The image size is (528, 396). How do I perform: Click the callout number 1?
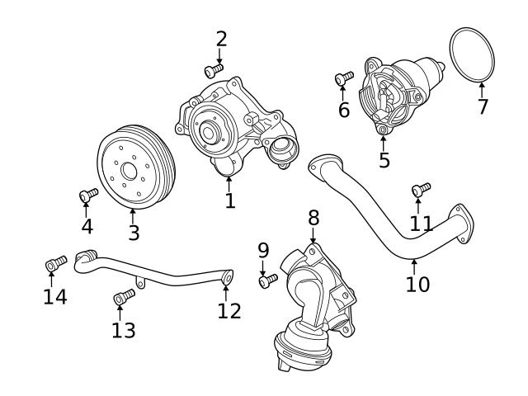point(230,200)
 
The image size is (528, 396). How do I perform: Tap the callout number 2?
point(221,39)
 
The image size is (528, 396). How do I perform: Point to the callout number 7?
point(482,107)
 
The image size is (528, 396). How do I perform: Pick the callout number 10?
point(417,284)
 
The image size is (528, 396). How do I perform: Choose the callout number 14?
point(54,295)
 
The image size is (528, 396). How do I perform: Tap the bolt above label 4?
point(87,195)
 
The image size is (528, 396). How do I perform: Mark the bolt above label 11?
point(422,190)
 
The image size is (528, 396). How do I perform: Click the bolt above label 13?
point(125,295)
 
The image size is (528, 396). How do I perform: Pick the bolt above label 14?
point(55,264)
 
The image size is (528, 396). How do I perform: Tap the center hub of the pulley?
point(128,172)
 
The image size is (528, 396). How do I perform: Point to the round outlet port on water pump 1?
point(280,149)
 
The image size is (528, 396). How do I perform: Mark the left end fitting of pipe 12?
point(84,260)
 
